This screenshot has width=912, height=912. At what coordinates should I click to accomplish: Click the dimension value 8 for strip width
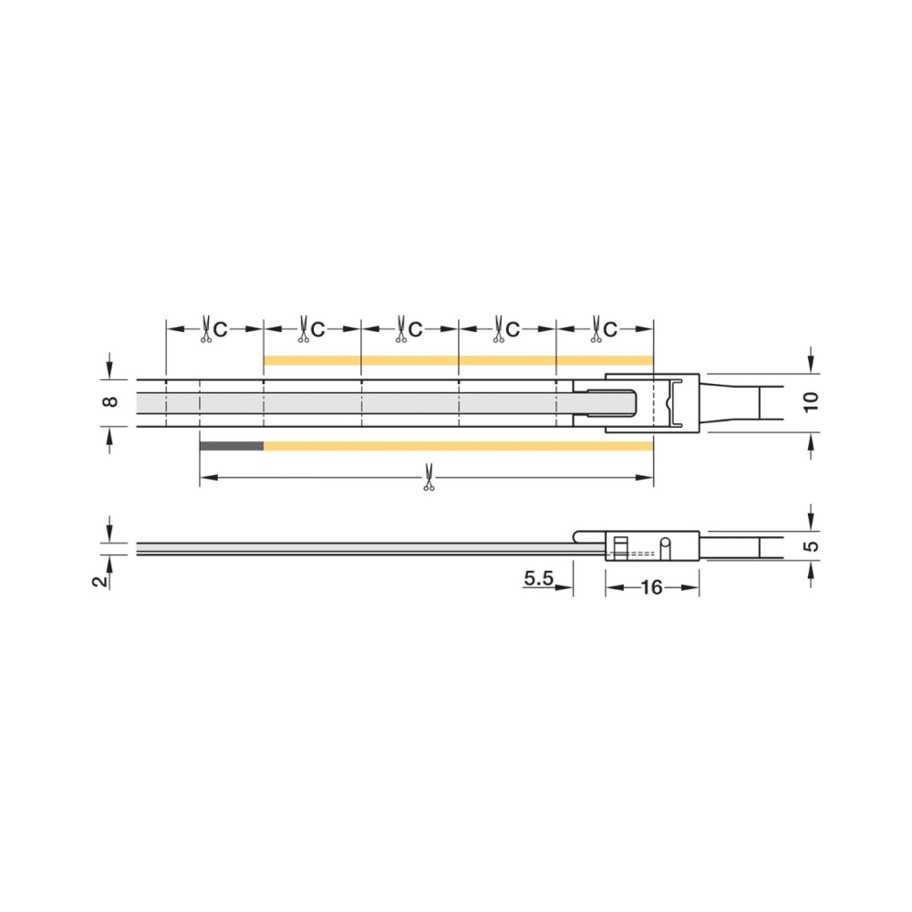111,401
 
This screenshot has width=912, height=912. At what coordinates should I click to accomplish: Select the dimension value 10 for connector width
811,401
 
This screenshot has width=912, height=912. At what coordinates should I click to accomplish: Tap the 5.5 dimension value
539,578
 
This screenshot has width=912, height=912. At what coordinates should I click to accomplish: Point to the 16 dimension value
651,587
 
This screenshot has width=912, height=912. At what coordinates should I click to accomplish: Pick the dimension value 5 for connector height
812,546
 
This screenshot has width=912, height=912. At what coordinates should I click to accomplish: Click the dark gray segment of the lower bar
232,446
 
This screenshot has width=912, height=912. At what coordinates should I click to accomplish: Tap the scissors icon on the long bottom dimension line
429,477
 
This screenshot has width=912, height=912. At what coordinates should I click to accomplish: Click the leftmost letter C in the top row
220,330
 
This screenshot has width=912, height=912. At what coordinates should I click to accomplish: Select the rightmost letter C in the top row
609,330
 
